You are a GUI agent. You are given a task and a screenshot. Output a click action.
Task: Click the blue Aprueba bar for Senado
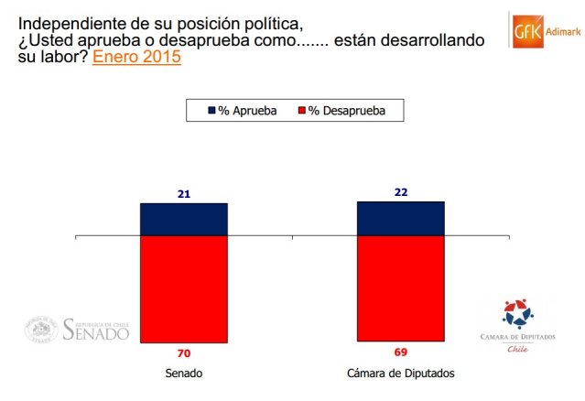pyautogui.click(x=183, y=220)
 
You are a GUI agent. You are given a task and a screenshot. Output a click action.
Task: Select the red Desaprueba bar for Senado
pyautogui.click(x=183, y=289)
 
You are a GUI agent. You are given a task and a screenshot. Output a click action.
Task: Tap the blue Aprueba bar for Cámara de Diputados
pyautogui.click(x=400, y=219)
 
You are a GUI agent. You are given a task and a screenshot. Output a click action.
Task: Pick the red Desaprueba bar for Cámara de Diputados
pyautogui.click(x=400, y=289)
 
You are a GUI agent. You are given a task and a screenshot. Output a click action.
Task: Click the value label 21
pyautogui.click(x=183, y=194)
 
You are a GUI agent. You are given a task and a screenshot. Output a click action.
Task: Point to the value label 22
pyautogui.click(x=401, y=192)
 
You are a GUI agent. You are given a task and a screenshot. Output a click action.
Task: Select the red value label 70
pyautogui.click(x=183, y=352)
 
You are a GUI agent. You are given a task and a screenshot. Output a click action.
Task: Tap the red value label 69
pyautogui.click(x=401, y=352)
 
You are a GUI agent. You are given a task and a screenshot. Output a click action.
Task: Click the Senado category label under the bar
pyautogui.click(x=183, y=374)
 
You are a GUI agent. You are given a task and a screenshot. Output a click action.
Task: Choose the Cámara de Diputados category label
pyautogui.click(x=400, y=374)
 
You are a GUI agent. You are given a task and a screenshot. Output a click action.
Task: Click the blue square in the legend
pyautogui.click(x=210, y=111)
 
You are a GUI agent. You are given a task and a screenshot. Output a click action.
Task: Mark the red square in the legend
pyautogui.click(x=299, y=111)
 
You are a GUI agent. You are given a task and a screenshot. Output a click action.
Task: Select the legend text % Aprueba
pyautogui.click(x=248, y=111)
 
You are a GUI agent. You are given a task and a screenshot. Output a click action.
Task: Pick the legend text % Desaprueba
pyautogui.click(x=346, y=111)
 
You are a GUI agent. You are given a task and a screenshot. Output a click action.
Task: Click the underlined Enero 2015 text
pyautogui.click(x=136, y=57)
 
